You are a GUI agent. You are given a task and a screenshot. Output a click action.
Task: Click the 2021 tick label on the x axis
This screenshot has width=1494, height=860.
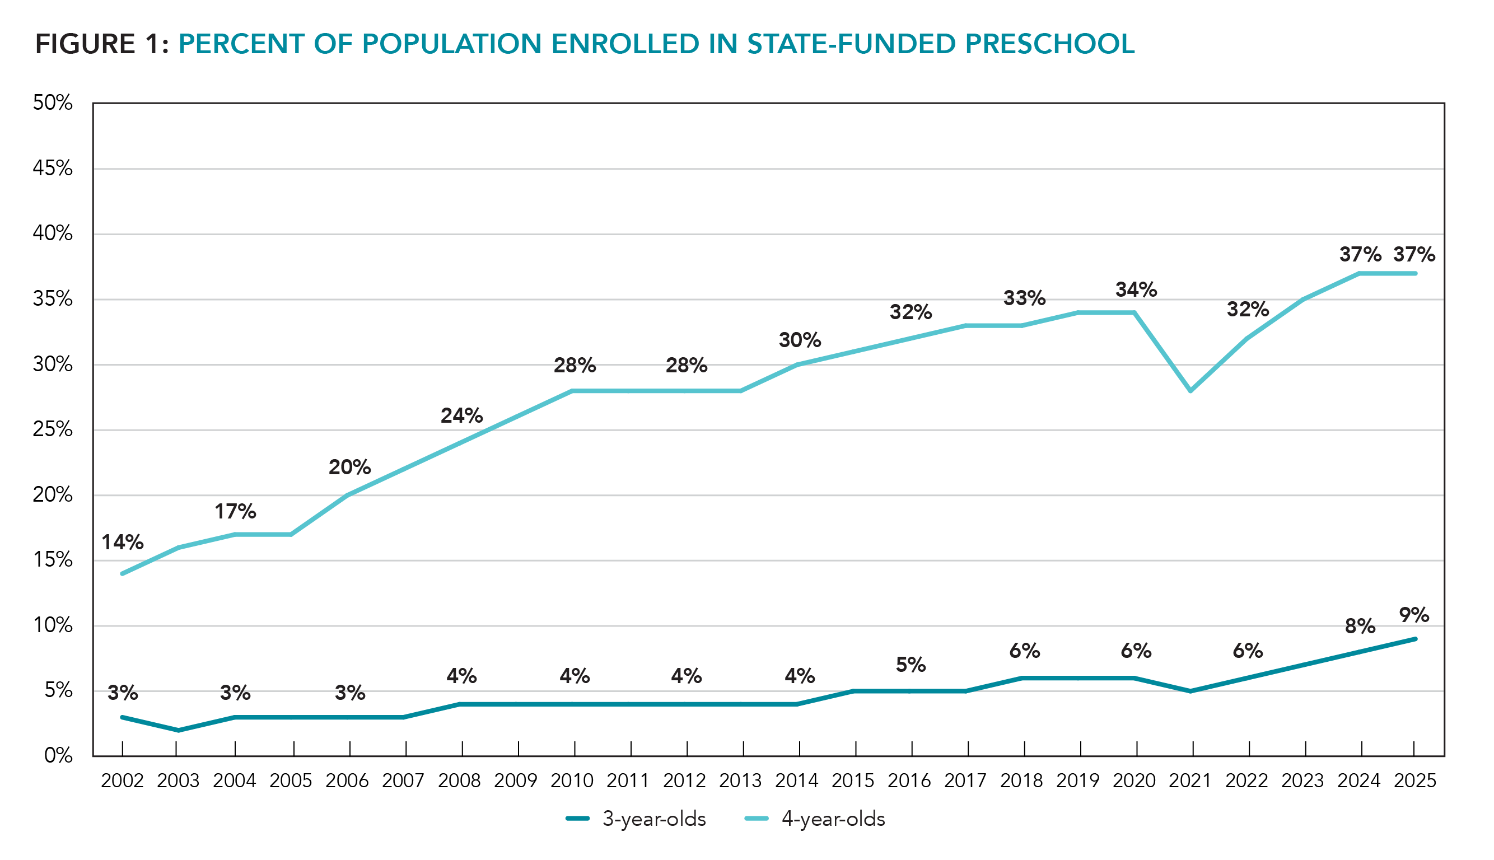pos(1190,781)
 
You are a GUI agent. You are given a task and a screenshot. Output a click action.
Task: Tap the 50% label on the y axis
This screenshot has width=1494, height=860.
pos(53,103)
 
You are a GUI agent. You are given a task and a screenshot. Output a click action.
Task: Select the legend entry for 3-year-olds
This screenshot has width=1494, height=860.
pos(636,819)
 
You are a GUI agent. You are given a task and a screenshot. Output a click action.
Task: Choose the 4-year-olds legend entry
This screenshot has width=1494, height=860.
pos(815,819)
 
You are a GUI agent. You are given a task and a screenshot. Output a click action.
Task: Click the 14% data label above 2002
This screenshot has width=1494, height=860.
pos(122,541)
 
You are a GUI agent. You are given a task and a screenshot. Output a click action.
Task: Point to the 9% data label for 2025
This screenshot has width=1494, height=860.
pos(1414,615)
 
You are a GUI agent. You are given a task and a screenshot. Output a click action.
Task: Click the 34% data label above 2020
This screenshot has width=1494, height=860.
pos(1136,289)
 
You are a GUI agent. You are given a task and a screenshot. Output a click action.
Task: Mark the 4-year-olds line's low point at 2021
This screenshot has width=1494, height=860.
pos(1190,390)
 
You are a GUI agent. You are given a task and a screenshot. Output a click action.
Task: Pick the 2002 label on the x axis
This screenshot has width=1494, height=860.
pos(122,781)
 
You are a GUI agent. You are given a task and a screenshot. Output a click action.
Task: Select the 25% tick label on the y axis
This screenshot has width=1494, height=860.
pos(53,429)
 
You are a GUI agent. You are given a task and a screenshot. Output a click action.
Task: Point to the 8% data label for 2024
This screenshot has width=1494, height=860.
pos(1360,626)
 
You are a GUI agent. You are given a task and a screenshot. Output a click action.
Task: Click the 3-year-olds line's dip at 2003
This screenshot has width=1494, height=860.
pos(179,731)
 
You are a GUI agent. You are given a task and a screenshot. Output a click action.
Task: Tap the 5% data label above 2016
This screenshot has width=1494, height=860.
pos(911,665)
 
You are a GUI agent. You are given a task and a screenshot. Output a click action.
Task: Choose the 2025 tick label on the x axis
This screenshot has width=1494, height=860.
pos(1414,781)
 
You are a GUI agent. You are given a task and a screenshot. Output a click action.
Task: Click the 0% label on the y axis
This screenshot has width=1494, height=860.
pos(58,755)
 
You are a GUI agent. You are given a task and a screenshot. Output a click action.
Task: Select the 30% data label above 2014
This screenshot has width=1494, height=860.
pos(799,340)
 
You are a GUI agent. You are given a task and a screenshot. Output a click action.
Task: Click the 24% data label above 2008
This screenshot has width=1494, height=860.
pos(461,415)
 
